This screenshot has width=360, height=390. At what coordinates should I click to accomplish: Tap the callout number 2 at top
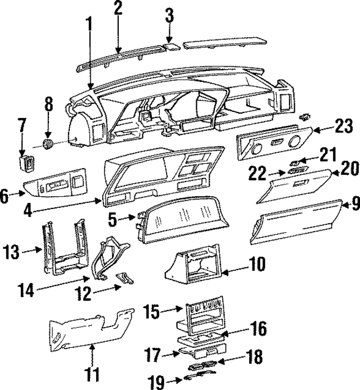(x=118, y=8)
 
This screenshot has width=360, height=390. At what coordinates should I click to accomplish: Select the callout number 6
(x=5, y=196)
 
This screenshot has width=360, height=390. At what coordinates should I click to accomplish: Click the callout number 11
(x=92, y=373)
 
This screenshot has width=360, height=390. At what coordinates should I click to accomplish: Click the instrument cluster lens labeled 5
(x=186, y=219)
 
